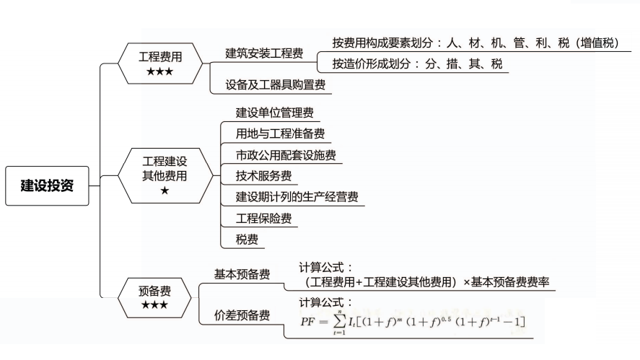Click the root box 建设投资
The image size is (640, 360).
click(47, 185)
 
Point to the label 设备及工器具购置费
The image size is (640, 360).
click(275, 84)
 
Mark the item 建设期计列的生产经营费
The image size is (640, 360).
click(297, 196)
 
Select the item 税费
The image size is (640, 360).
click(247, 239)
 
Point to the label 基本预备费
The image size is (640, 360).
click(242, 274)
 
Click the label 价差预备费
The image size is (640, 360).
click(242, 315)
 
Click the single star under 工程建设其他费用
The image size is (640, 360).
click(164, 190)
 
